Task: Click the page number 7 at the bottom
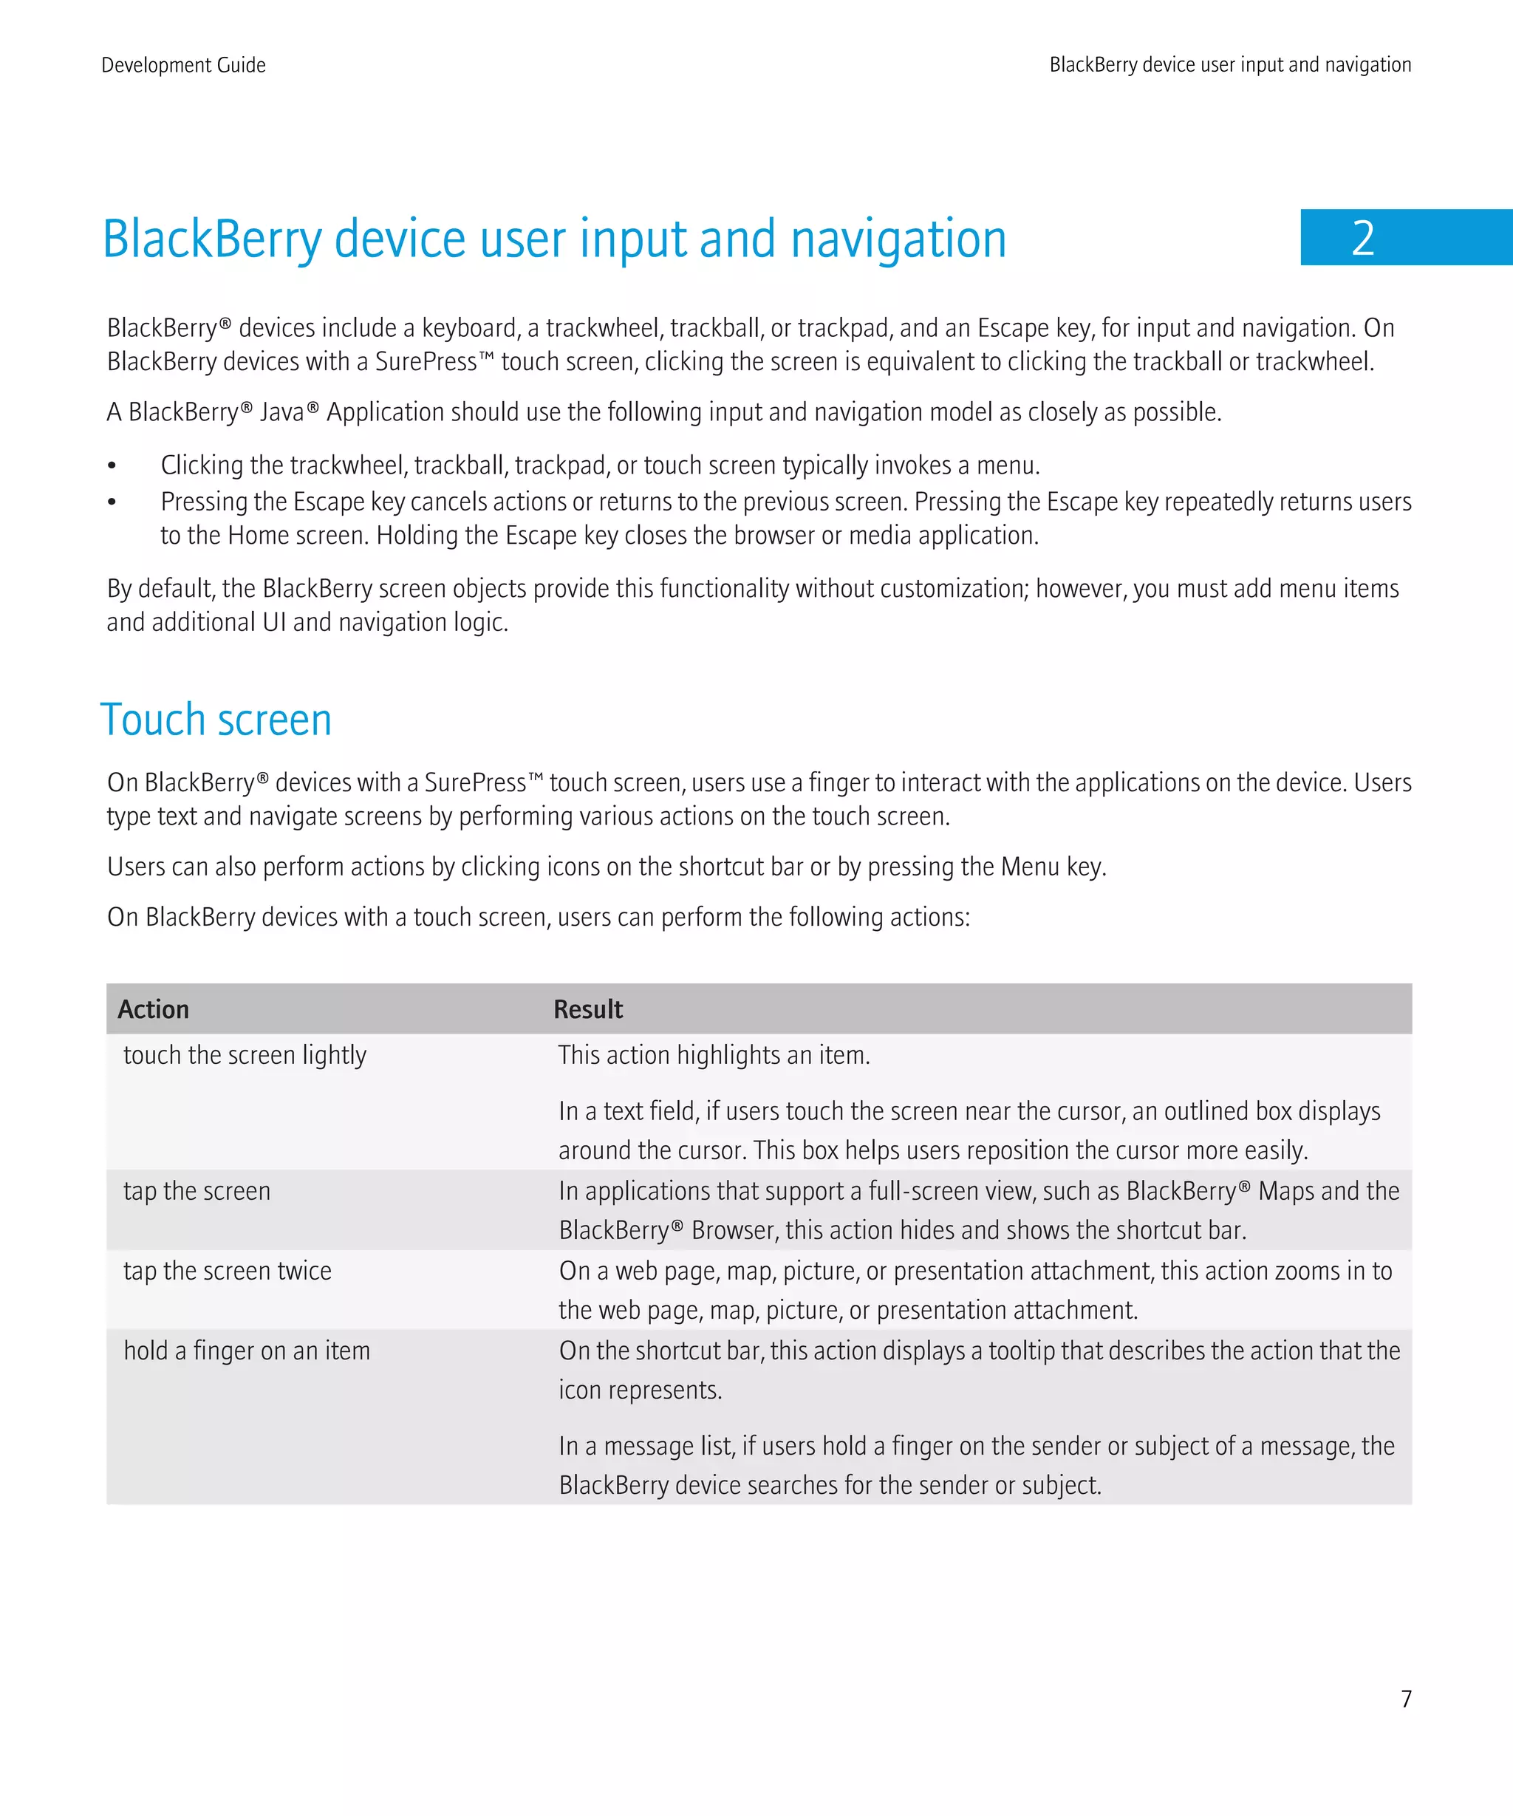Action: (1406, 1699)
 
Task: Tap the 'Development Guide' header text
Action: (183, 65)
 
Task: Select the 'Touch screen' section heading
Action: (216, 720)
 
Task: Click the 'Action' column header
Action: (153, 1009)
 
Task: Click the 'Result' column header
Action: (588, 1009)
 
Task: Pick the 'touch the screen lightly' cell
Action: (245, 1055)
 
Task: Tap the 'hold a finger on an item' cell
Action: (247, 1350)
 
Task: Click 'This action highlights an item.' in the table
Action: (714, 1055)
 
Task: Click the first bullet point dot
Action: (112, 467)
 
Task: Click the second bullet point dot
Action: (112, 502)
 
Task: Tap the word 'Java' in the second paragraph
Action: (282, 412)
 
